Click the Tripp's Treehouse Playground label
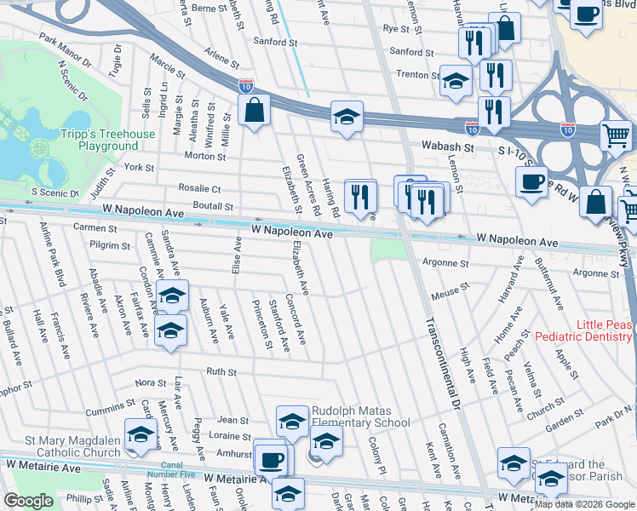click(107, 140)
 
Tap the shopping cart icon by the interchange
click(616, 135)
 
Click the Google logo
click(28, 501)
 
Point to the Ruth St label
click(221, 371)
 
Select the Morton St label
click(205, 156)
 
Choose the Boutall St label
click(212, 206)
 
